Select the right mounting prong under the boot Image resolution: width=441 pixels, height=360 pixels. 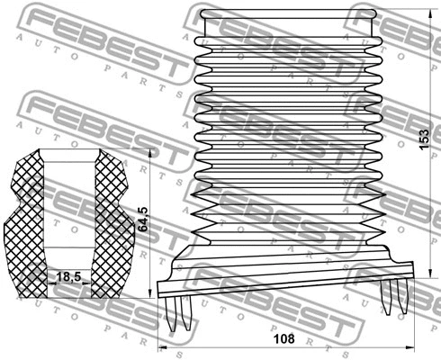pyautogui.click(x=393, y=296)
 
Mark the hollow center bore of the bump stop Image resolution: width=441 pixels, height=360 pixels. pyautogui.click(x=68, y=207)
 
